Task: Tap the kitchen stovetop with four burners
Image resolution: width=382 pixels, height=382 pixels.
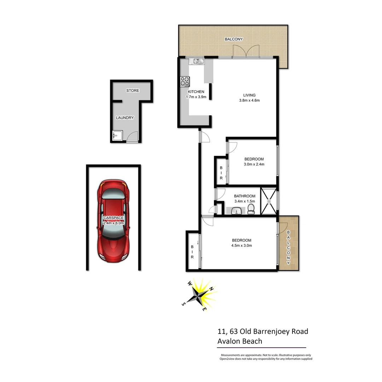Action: tap(185, 81)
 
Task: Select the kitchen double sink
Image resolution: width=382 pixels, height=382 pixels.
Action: tap(196, 61)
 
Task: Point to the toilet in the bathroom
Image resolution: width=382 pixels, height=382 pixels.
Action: tap(251, 209)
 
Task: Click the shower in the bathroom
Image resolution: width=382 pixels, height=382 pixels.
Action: tap(269, 201)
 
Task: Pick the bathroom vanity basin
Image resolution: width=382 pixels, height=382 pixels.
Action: tap(236, 211)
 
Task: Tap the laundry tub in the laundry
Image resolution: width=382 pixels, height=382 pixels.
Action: tap(117, 135)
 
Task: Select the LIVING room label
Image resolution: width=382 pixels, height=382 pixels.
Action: tap(249, 95)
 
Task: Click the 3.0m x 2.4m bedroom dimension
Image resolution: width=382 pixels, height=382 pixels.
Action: tap(254, 164)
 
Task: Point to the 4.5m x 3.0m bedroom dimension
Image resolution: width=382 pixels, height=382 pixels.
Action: tap(242, 245)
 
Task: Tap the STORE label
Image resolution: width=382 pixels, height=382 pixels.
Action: tap(133, 91)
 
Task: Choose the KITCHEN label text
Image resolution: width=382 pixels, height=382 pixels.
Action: tap(196, 92)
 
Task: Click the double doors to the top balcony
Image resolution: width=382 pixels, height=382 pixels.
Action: tap(246, 52)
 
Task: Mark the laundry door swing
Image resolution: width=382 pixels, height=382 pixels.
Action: tap(133, 137)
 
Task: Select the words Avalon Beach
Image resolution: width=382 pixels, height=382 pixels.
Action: tap(240, 341)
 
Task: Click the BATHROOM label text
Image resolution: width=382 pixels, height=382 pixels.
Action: tap(244, 196)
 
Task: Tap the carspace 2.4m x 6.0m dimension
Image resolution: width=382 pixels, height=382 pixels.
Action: tap(113, 223)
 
